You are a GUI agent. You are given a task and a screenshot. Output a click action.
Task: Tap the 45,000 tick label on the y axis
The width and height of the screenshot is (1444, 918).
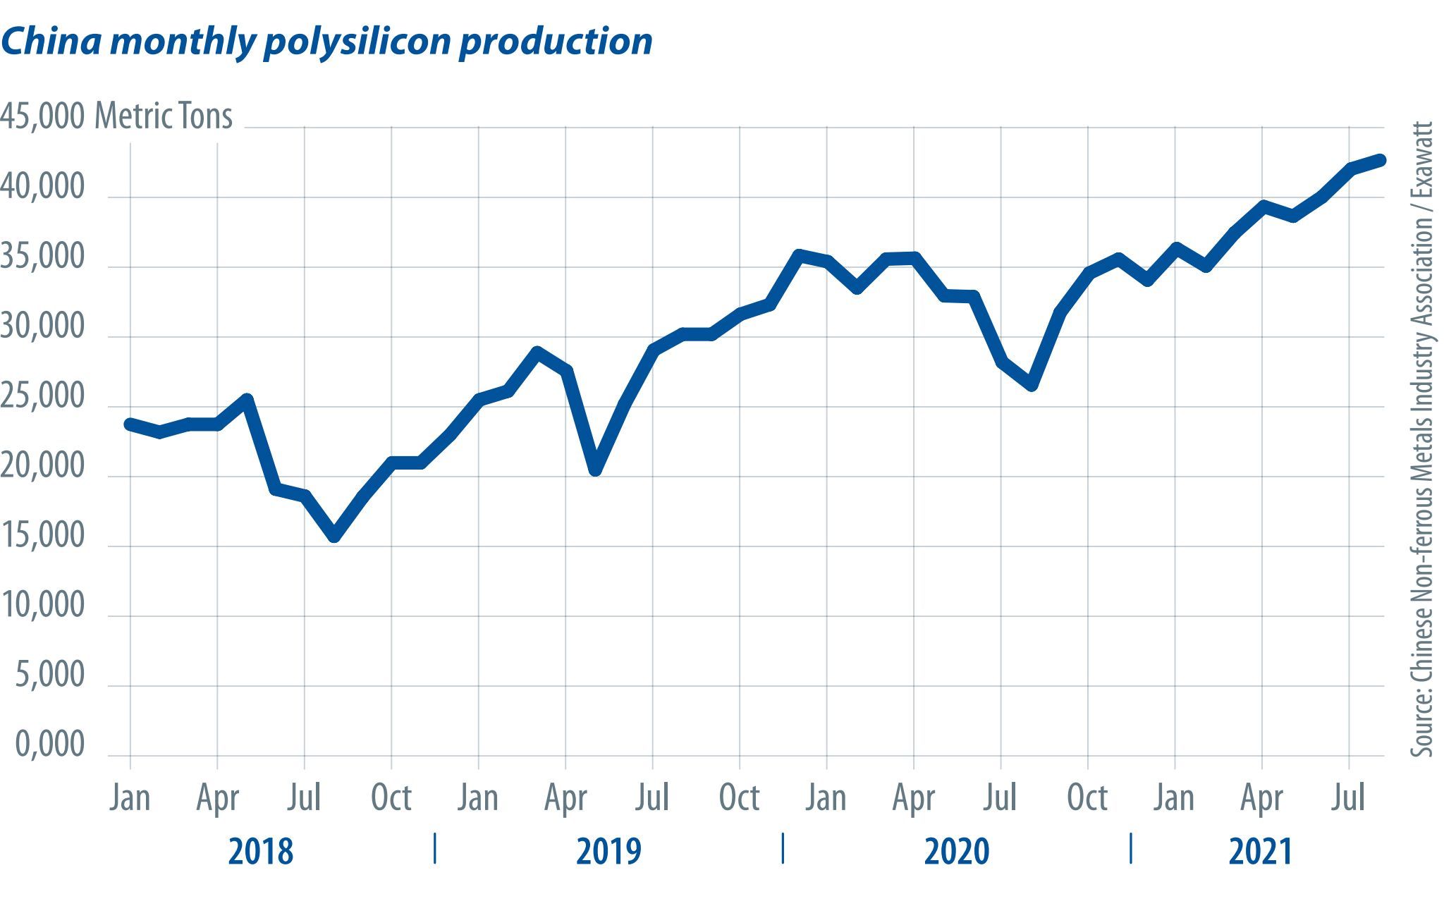[x=42, y=116]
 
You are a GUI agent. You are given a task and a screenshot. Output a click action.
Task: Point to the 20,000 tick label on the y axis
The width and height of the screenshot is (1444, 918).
[x=42, y=466]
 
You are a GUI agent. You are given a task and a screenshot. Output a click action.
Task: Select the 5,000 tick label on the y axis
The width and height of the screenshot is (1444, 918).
[x=49, y=675]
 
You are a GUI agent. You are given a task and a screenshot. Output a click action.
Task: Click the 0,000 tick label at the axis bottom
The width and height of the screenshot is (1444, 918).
[x=49, y=745]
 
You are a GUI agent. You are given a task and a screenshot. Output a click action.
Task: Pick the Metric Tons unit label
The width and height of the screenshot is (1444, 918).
[x=164, y=116]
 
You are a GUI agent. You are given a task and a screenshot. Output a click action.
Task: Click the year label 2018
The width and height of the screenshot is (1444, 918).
[x=260, y=852]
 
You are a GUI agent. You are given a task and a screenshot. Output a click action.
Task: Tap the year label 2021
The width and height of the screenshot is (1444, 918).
[x=1260, y=852]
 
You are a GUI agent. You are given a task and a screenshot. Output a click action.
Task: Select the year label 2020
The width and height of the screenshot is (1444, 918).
[x=957, y=852]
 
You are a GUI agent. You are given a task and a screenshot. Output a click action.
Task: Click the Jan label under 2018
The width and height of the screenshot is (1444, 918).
[x=130, y=798]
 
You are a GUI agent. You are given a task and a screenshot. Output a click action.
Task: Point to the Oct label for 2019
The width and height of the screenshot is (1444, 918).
[x=739, y=798]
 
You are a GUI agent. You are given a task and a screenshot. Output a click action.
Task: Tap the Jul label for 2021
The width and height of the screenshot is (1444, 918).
[x=1348, y=798]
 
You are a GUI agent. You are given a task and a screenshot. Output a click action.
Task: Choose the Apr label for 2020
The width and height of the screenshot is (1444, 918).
[x=913, y=798]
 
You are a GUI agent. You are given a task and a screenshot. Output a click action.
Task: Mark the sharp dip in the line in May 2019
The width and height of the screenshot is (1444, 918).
[x=596, y=470]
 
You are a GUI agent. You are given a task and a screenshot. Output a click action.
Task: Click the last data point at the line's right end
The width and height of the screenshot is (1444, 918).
[x=1380, y=160]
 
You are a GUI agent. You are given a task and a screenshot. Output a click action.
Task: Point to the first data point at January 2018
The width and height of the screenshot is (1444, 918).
[x=130, y=424]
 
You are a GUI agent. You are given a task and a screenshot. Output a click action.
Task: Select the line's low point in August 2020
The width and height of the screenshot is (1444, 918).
[x=1032, y=385]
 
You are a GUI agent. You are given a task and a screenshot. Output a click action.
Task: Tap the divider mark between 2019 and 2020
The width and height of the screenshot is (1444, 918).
[x=783, y=848]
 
